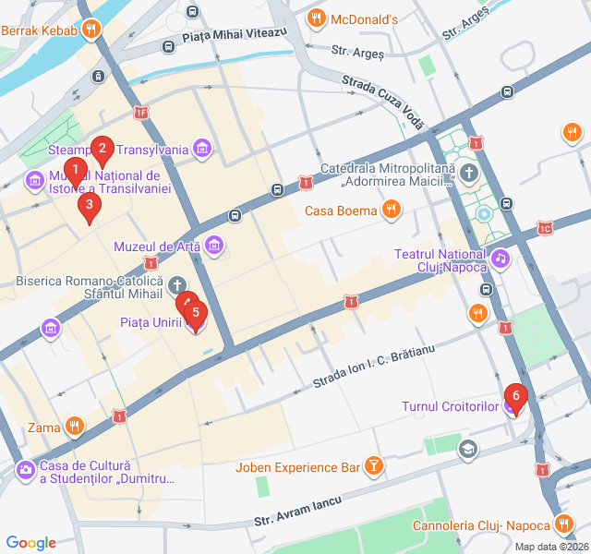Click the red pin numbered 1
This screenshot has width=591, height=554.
[x=76, y=171]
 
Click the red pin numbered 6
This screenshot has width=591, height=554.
[x=516, y=397]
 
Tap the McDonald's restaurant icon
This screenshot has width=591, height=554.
[x=316, y=18]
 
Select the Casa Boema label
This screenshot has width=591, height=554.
[x=342, y=211]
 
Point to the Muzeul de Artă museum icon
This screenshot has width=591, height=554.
[x=214, y=246]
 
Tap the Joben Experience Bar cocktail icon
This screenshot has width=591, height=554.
[x=373, y=467]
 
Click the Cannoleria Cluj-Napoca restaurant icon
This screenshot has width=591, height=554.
[x=565, y=525]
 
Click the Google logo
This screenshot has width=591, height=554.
[x=30, y=543]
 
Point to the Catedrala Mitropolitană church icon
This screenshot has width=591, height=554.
[x=469, y=173]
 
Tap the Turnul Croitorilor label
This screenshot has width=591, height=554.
[x=450, y=406]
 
